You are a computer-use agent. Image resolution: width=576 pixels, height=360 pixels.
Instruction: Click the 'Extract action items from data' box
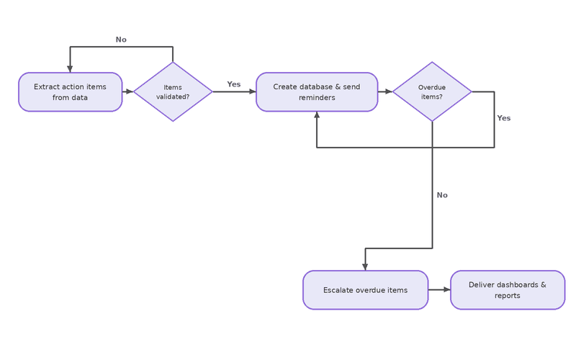pos(70,92)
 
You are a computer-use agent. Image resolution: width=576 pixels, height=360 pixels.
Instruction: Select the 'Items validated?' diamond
pos(173,91)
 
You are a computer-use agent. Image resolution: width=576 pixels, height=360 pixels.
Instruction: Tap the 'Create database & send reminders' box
pos(317,92)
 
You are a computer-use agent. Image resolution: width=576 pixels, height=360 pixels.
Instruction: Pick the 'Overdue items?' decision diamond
pos(432,91)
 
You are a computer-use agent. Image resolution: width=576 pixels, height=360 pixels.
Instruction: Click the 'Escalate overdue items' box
pos(366,290)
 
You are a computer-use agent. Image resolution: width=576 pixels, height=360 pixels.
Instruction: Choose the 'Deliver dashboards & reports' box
pos(508,290)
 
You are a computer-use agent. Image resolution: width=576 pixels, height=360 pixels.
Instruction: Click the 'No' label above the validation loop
pos(121,40)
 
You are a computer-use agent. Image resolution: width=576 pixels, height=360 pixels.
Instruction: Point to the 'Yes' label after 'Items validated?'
pos(233,84)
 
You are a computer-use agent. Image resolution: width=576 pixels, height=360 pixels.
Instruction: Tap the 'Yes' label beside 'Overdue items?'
pos(503,118)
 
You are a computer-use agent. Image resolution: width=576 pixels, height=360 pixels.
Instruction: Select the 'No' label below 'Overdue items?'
pos(442,195)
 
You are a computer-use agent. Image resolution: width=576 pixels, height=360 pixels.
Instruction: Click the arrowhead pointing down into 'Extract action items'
pos(70,69)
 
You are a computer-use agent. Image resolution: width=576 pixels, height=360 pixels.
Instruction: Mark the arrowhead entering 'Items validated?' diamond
pos(130,91)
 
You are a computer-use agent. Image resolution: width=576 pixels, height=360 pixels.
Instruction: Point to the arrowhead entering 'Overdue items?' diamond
pos(389,91)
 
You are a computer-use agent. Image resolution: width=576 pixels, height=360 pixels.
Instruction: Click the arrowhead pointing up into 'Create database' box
pos(317,114)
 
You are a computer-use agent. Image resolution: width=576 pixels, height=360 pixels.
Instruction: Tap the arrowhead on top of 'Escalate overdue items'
pos(365,267)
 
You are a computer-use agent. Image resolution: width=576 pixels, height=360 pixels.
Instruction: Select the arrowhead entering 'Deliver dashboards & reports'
pos(446,290)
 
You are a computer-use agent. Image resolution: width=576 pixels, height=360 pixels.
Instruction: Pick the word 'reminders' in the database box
pos(317,98)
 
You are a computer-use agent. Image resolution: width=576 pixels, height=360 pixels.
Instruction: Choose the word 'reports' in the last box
pos(508,296)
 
